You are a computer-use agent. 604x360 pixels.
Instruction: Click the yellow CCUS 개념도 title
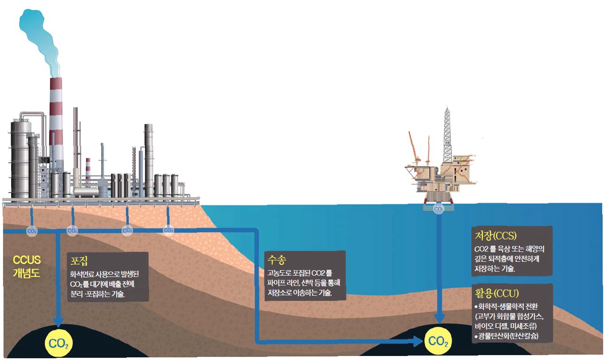(27, 266)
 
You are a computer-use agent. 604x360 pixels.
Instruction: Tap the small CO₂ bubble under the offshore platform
(439, 208)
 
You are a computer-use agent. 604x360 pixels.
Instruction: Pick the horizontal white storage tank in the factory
(86, 192)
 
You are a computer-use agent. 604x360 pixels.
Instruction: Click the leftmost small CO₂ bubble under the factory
(32, 231)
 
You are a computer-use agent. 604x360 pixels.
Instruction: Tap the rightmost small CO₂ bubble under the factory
(168, 230)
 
